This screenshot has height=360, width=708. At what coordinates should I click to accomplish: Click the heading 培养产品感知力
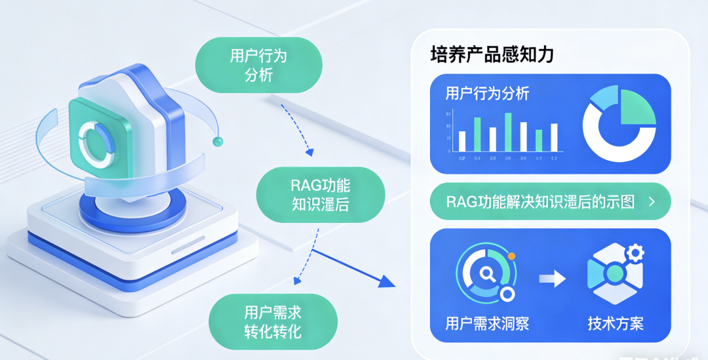pos(492,54)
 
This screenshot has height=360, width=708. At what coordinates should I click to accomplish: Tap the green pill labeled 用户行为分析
pos(258,64)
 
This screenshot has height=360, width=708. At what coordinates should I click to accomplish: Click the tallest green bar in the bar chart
pos(507,132)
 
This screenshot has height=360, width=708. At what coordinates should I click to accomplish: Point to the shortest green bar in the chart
pos(539,140)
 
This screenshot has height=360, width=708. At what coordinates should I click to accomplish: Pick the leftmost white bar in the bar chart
pos(462,141)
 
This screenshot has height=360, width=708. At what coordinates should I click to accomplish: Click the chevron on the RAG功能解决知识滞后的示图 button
pos(651,202)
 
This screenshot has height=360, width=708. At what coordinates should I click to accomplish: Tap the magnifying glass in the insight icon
pos(486,272)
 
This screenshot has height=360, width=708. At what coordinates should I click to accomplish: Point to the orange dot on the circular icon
pos(511,256)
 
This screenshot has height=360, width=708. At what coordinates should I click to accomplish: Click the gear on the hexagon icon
pos(634,252)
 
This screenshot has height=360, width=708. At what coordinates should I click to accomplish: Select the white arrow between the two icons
pos(552,279)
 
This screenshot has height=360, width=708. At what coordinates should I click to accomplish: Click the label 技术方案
pos(616,323)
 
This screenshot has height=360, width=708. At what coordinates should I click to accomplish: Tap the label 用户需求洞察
pos(487,323)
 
